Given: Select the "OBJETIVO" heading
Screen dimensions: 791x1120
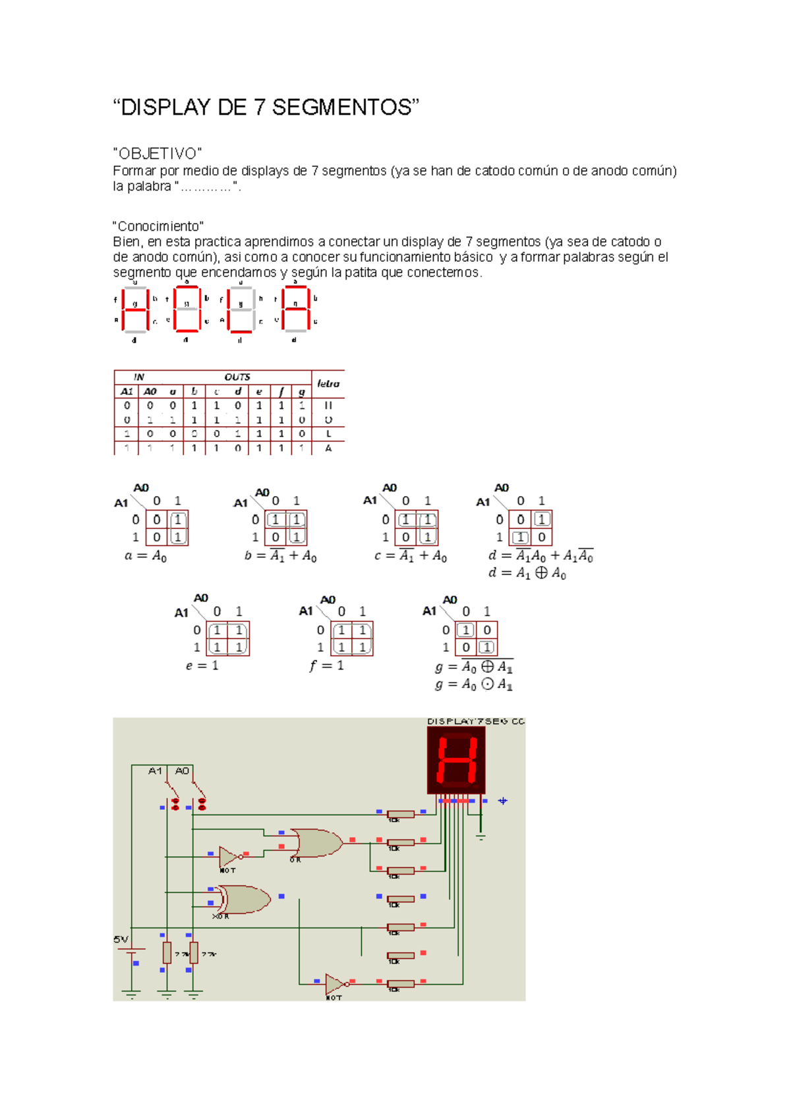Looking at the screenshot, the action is (158, 154).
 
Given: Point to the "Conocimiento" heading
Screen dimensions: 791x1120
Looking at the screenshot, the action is (158, 226).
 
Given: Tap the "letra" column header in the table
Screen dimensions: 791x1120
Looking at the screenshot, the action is (328, 383).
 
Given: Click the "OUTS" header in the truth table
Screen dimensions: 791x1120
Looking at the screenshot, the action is (237, 377).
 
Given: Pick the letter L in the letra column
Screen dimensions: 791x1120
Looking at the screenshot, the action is (328, 434).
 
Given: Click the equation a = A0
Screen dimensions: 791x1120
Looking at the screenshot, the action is (146, 556).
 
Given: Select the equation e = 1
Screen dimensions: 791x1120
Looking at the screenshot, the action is (202, 666).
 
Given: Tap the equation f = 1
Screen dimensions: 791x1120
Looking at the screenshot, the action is (326, 666).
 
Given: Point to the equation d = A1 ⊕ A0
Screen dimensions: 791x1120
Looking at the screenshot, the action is (527, 573).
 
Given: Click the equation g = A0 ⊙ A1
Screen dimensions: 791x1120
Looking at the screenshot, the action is (473, 685).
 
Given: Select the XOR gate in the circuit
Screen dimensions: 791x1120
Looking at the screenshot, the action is (245, 899).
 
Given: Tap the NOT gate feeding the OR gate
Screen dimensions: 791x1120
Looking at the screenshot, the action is (229, 856).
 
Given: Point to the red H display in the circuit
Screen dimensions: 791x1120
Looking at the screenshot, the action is (456, 760).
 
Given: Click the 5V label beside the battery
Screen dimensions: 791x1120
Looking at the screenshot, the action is (121, 939).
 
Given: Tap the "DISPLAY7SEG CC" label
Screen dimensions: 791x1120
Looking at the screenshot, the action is (475, 722).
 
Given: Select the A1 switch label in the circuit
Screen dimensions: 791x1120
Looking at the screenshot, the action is (155, 770).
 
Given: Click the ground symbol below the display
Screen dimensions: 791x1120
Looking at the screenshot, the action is (481, 837).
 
